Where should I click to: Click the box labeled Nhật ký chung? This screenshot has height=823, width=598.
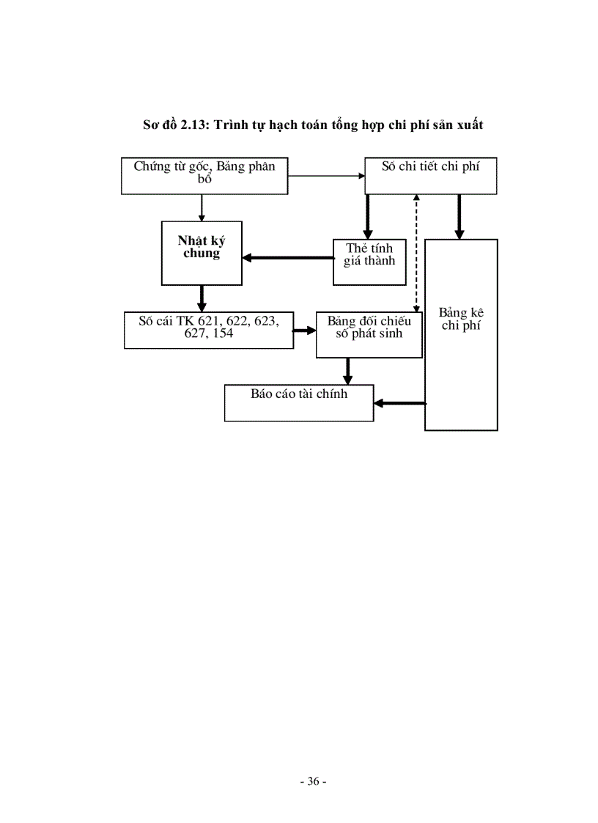click(202, 253)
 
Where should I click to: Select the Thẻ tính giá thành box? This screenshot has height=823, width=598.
click(369, 262)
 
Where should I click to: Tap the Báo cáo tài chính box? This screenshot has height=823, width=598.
click(299, 402)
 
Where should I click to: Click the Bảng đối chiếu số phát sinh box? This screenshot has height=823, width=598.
click(369, 335)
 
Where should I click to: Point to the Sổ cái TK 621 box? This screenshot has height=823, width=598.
click(208, 330)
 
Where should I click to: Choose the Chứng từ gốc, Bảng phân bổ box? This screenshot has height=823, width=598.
click(204, 176)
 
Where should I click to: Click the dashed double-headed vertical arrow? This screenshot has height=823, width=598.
click(416, 253)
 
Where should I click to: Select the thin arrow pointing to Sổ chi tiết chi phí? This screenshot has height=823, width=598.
click(326, 176)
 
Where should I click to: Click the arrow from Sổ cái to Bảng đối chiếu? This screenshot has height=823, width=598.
click(303, 331)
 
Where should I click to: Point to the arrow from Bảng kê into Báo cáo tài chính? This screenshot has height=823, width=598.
click(400, 402)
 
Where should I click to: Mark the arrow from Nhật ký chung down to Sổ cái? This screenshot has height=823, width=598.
click(202, 298)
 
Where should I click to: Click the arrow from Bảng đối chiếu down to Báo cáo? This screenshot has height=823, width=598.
click(348, 370)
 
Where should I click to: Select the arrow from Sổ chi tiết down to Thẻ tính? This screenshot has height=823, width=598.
click(368, 217)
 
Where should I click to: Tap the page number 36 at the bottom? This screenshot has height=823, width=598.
click(313, 781)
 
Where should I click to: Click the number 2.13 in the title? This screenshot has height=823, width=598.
click(193, 125)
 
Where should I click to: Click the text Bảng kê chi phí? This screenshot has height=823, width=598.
click(461, 320)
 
